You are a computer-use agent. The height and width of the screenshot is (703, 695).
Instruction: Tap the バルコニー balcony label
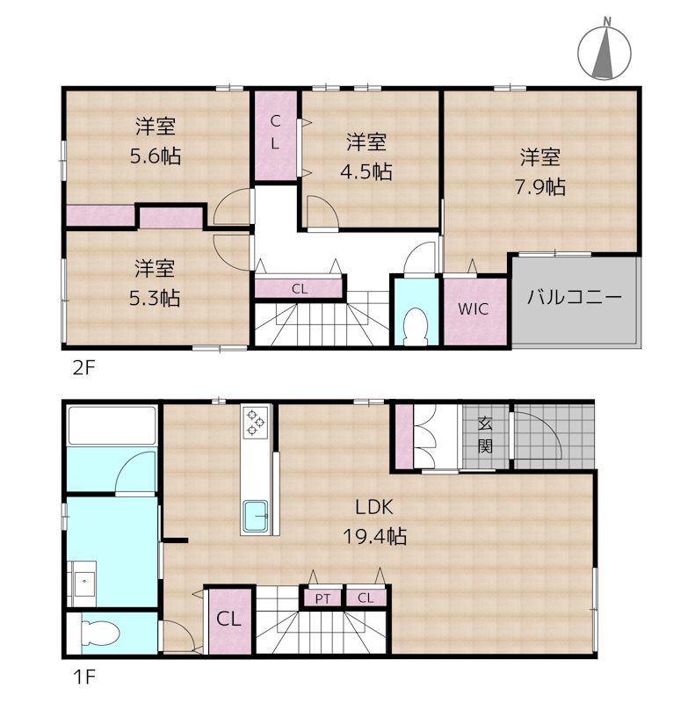click(575, 297)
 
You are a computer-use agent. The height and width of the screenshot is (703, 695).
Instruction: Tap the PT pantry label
click(323, 598)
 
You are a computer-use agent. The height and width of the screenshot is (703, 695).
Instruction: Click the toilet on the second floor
click(412, 326)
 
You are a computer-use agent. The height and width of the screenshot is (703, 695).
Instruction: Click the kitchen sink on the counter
click(257, 515)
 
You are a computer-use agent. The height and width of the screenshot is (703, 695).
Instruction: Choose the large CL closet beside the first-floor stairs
click(228, 619)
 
